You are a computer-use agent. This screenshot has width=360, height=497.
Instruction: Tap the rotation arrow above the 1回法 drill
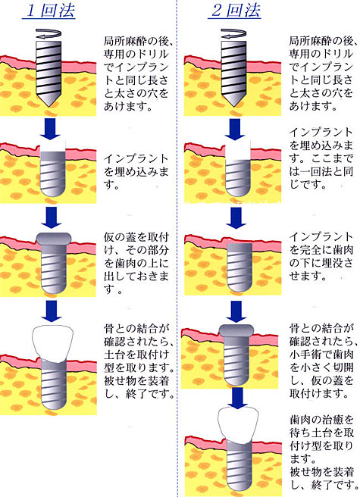coord(49,34)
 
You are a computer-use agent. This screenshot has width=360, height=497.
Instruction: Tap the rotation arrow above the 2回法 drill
coord(233,34)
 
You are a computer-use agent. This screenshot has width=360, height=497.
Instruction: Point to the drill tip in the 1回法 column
coord(49,107)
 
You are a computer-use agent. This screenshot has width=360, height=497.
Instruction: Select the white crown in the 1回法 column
coord(52,344)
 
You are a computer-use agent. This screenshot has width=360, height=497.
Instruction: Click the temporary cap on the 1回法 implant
coord(54,239)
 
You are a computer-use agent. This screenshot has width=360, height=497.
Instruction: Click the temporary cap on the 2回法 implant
coord(236,330)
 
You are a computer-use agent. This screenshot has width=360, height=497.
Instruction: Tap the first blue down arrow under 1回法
coord(50,129)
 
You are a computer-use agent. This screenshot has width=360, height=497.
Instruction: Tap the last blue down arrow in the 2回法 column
coord(237,398)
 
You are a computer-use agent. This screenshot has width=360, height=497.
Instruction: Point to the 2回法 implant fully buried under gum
coord(239,267)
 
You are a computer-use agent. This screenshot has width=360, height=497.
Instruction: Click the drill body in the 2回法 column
coord(233,73)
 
